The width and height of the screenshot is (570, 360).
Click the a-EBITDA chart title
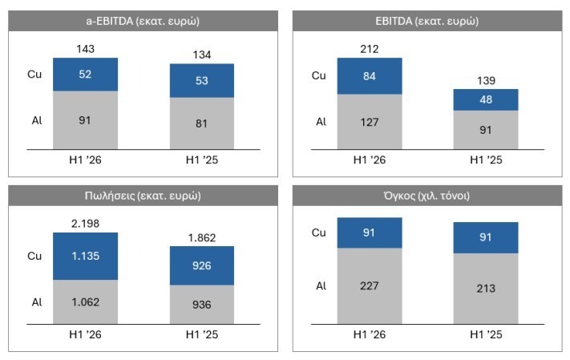(143, 21)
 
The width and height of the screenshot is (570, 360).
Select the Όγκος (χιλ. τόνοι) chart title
(426, 196)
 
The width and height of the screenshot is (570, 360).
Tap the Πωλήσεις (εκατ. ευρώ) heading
(143, 196)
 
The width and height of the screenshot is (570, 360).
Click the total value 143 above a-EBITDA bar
(86, 49)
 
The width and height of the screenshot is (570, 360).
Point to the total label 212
(370, 49)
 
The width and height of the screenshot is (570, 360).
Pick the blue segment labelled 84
(370, 76)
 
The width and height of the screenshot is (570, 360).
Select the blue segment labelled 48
(486, 99)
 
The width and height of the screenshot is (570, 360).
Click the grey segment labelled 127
(370, 121)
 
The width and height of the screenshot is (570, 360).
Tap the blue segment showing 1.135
(86, 256)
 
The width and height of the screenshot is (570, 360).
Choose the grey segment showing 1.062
(86, 301)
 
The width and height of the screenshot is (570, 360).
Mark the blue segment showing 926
(202, 265)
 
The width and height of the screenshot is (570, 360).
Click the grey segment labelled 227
(370, 285)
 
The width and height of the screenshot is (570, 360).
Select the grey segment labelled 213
(486, 289)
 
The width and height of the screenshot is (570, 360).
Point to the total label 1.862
(202, 238)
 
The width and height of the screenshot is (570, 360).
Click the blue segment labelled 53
(202, 80)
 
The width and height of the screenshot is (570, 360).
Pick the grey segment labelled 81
(202, 123)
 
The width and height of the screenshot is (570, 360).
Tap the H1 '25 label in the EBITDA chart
(486, 160)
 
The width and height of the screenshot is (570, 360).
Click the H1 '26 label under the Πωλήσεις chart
(86, 334)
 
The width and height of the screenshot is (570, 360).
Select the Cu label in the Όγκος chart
(319, 233)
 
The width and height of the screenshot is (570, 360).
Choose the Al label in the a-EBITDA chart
(37, 120)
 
